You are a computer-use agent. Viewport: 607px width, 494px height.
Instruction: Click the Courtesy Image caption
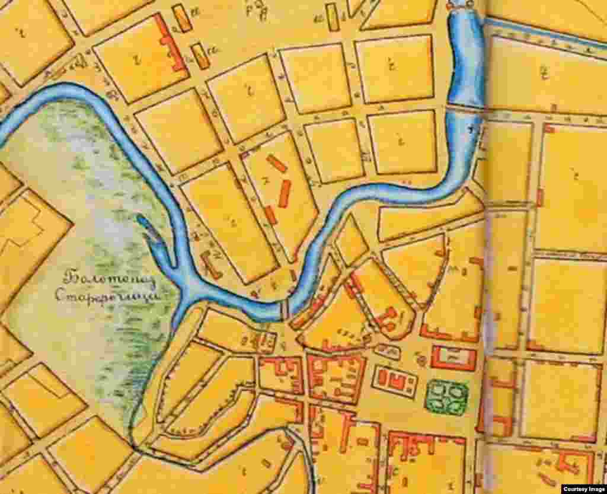pyautogui.click(x=583, y=488)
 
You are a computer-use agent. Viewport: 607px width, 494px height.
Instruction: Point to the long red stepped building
pyautogui.click(x=170, y=43)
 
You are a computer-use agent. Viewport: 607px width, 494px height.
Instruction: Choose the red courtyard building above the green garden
pyautogui.click(x=453, y=358)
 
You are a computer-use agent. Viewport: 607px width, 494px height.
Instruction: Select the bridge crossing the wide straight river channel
pyautogui.click(x=465, y=107)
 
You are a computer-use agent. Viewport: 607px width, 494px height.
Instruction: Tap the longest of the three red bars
pyautogui.click(x=285, y=193)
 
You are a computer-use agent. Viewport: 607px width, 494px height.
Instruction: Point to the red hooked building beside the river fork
pyautogui.click(x=210, y=264)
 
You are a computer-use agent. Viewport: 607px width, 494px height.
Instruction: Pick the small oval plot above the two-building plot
pyautogui.click(x=388, y=352)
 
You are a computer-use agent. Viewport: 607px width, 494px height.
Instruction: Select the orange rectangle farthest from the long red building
pyautogui.click(x=333, y=17)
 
